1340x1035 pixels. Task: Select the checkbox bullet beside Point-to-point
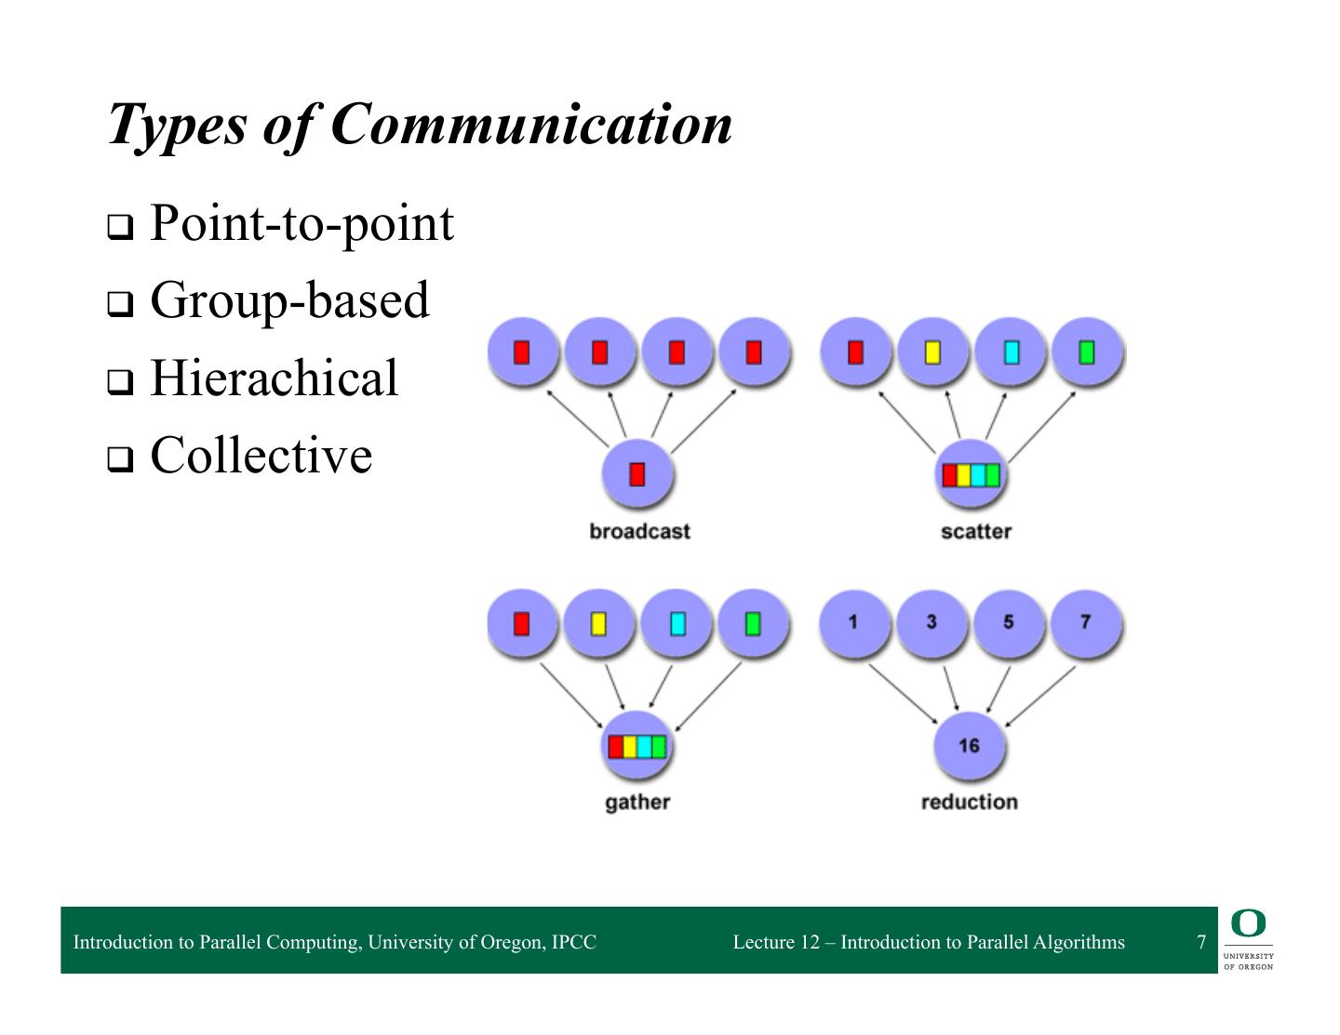(119, 227)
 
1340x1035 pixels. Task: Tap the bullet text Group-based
(289, 299)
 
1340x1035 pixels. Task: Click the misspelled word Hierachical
(274, 378)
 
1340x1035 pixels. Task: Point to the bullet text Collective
(261, 455)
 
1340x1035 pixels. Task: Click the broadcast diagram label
(639, 531)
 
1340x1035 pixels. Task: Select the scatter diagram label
(975, 531)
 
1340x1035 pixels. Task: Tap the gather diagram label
(637, 802)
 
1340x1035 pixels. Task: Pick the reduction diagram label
(969, 802)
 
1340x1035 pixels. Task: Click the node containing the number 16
(969, 746)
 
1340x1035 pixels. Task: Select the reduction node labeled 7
(1085, 622)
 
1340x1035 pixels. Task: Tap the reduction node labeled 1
(853, 622)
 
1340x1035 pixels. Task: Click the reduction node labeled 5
(1009, 622)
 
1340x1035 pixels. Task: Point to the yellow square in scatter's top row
(932, 352)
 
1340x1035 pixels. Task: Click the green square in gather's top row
(753, 622)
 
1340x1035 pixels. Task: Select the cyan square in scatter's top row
(1011, 352)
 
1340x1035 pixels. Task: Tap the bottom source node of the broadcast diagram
(637, 474)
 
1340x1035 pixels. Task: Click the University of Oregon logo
(1248, 940)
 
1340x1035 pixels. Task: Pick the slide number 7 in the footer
(1201, 942)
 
